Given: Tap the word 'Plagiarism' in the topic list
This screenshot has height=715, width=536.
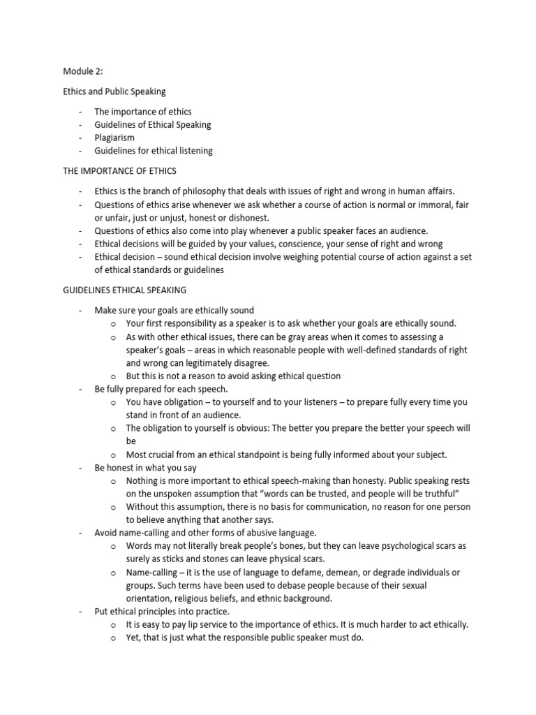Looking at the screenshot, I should pyautogui.click(x=114, y=138).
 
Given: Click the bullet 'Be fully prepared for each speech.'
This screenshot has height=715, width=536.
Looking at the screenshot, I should pyautogui.click(x=161, y=389).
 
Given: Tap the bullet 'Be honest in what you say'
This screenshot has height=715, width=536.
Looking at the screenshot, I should pyautogui.click(x=142, y=467).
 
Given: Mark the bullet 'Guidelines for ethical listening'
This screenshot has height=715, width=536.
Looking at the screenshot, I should pyautogui.click(x=154, y=151).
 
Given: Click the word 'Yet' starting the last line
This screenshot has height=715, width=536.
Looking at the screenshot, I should pyautogui.click(x=133, y=637).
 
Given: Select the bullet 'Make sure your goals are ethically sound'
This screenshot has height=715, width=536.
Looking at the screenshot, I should pyautogui.click(x=174, y=310).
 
